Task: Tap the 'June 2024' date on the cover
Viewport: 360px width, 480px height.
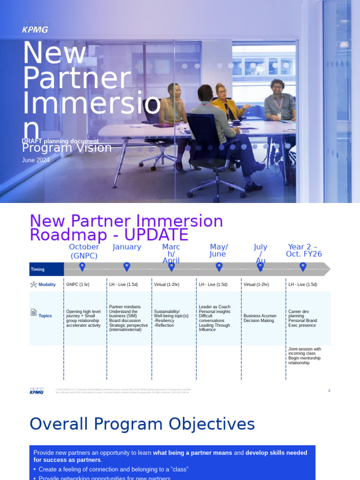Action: pyautogui.click(x=36, y=160)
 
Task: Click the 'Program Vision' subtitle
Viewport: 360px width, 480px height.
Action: pyautogui.click(x=67, y=148)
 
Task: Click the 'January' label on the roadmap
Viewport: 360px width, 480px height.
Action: pyautogui.click(x=127, y=247)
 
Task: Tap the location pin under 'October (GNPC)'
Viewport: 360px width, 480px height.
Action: pyautogui.click(x=82, y=266)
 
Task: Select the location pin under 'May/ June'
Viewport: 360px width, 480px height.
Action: pyautogui.click(x=219, y=266)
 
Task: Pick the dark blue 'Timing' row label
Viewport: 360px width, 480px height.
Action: pyautogui.click(x=46, y=269)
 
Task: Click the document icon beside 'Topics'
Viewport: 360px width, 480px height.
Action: pyautogui.click(x=33, y=312)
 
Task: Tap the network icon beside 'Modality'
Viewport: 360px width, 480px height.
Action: pyautogui.click(x=33, y=285)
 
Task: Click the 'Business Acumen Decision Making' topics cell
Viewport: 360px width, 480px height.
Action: pyautogui.click(x=261, y=318)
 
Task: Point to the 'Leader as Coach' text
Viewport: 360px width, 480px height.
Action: pyautogui.click(x=215, y=307)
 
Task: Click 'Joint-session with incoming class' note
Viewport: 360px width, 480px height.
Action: pyautogui.click(x=305, y=351)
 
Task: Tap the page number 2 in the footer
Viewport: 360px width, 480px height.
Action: pyautogui.click(x=329, y=390)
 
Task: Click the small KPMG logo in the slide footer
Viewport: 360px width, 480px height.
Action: pyautogui.click(x=37, y=391)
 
